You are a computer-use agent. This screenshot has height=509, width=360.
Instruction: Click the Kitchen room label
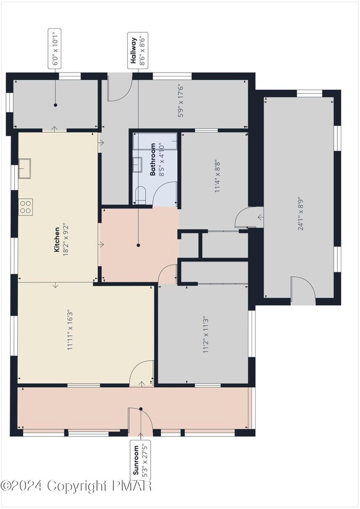[57, 240]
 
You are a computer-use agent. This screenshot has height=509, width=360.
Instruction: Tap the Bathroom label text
[152, 160]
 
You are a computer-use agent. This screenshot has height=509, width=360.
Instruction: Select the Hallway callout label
[138, 51]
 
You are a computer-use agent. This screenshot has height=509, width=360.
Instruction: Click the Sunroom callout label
[140, 460]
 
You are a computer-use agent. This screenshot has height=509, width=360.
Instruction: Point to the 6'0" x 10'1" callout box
[55, 49]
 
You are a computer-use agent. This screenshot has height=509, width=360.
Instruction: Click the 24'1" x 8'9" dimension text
[301, 213]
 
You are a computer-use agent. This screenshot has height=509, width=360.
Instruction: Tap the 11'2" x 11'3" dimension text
[205, 335]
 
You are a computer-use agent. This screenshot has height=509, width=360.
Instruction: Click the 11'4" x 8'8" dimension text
[218, 177]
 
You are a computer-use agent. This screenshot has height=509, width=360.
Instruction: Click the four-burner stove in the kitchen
[25, 207]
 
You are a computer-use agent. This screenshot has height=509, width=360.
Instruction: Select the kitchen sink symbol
[24, 168]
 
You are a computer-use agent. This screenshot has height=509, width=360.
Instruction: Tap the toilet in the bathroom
[141, 195]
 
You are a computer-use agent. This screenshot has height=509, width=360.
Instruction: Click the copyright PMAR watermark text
[76, 486]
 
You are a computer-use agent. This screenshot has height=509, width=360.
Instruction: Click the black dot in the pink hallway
[138, 245]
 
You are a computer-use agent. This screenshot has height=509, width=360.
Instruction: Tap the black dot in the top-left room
[55, 105]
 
